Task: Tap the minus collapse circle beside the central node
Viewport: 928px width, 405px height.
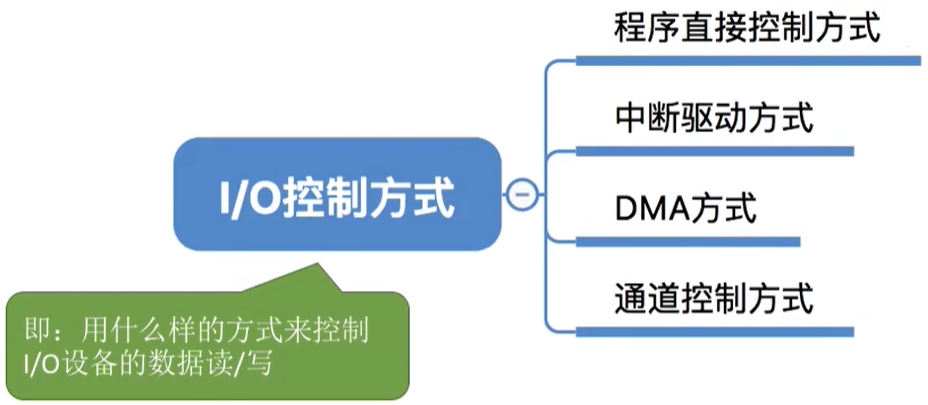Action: [520, 194]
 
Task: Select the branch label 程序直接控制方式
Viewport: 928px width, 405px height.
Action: [747, 27]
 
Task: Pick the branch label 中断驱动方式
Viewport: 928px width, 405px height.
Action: [714, 119]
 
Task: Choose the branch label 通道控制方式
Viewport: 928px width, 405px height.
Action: [714, 297]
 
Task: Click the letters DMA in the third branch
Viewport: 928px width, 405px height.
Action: [650, 209]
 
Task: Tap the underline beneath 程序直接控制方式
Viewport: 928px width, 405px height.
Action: [747, 61]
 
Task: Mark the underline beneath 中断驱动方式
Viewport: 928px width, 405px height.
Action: [714, 152]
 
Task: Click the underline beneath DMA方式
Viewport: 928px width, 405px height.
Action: [688, 241]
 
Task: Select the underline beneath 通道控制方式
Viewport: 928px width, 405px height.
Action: [714, 330]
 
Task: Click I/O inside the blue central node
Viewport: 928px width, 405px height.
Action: [248, 196]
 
